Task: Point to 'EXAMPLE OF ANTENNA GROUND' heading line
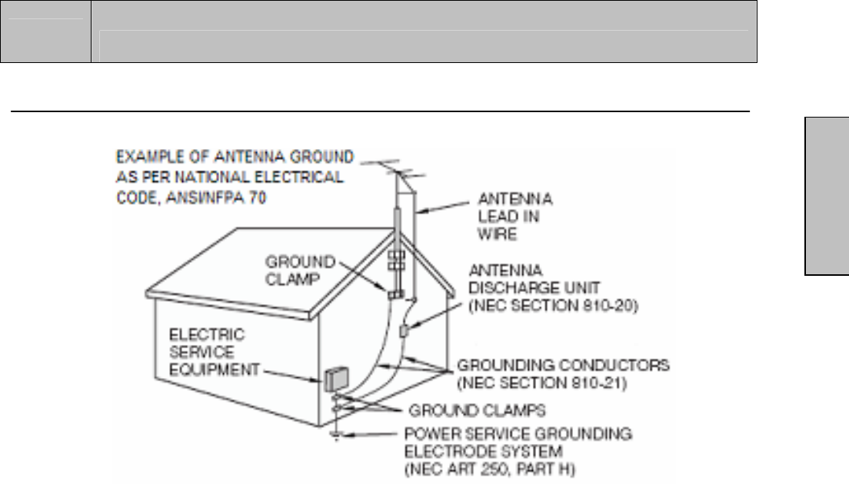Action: [x=235, y=157]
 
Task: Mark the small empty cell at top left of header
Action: [x=45, y=31]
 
